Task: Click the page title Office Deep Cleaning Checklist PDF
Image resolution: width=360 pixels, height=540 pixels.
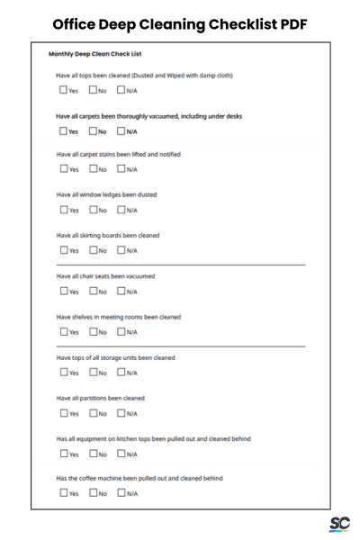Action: pyautogui.click(x=180, y=23)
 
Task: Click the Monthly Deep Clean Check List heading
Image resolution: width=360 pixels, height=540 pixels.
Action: pyautogui.click(x=94, y=55)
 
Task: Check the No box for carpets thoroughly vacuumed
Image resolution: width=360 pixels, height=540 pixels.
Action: pyautogui.click(x=93, y=130)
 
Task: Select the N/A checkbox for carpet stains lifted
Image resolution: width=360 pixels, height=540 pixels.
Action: pyautogui.click(x=121, y=170)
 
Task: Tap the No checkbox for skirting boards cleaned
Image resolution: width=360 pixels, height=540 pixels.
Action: pyautogui.click(x=93, y=250)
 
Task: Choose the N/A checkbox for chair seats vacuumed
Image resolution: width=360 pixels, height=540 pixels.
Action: pyautogui.click(x=121, y=291)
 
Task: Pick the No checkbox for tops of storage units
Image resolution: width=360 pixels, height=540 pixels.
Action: pyautogui.click(x=93, y=372)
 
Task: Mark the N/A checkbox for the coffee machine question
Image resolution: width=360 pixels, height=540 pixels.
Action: pyautogui.click(x=121, y=493)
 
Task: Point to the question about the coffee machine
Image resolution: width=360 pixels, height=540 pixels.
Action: pyautogui.click(x=139, y=478)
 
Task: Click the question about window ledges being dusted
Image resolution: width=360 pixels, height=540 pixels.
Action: pyautogui.click(x=106, y=194)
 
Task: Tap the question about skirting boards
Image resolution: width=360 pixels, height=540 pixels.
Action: pyautogui.click(x=107, y=235)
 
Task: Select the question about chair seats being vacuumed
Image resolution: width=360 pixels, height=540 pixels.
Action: pyautogui.click(x=105, y=275)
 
